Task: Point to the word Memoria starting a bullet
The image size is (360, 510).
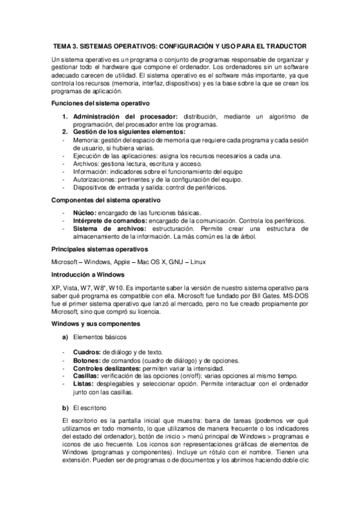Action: coord(85,140)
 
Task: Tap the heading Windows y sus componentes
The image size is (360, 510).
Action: coord(96,324)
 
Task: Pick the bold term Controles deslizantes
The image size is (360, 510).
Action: coord(106,368)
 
